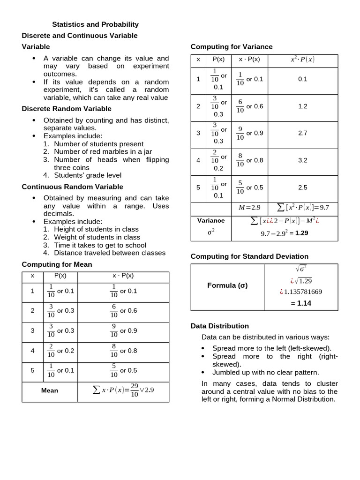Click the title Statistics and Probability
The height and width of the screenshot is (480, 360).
click(95, 24)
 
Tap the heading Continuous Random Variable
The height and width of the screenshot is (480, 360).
click(72, 187)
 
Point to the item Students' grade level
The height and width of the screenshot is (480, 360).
click(87, 175)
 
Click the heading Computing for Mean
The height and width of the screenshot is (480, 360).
click(57, 264)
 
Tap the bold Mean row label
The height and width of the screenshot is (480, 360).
click(50, 390)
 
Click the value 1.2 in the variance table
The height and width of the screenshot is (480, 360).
click(302, 106)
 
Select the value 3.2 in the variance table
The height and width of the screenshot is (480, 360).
click(302, 160)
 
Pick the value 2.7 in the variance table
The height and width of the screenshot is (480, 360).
click(302, 133)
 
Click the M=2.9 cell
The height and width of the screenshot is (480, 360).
click(249, 207)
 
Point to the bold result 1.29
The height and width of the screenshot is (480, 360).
click(301, 232)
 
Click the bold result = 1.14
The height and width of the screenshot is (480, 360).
click(300, 303)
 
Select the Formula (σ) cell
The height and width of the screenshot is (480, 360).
click(227, 285)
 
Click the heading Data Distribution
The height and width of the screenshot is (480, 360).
click(220, 326)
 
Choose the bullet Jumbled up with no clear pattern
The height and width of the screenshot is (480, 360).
click(265, 373)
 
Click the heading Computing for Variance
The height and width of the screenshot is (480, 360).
click(231, 47)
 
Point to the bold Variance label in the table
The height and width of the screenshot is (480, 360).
click(211, 220)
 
